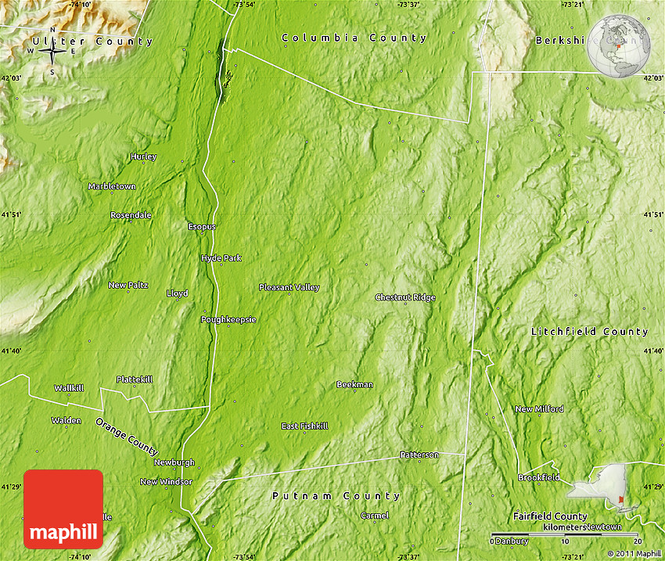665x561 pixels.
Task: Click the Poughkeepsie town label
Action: tap(228, 319)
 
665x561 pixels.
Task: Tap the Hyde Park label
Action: tap(221, 257)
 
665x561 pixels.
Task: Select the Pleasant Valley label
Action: tap(289, 287)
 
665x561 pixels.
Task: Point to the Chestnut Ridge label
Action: tap(405, 297)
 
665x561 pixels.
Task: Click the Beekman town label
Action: tap(354, 384)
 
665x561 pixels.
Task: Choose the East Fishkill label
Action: tap(305, 426)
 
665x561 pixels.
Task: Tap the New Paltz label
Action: tap(128, 285)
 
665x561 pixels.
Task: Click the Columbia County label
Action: tap(354, 38)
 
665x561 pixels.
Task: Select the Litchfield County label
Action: tap(590, 332)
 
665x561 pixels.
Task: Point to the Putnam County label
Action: tap(336, 496)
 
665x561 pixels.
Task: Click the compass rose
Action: tap(52, 52)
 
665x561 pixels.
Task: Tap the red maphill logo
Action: tap(63, 509)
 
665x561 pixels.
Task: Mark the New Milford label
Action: tap(539, 409)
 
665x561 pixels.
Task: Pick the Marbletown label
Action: tap(112, 186)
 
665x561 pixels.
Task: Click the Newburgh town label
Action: tap(174, 462)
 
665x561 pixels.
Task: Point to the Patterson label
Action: tap(419, 455)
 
